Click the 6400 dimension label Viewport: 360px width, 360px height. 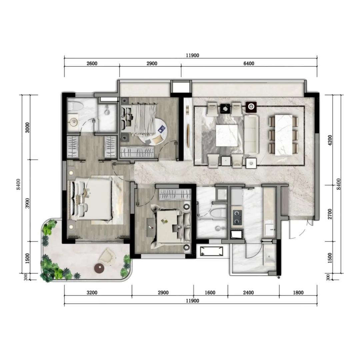click(249, 63)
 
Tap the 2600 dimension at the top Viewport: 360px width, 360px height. click(92, 63)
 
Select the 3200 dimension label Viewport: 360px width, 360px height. click(92, 293)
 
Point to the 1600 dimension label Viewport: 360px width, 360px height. click(210, 293)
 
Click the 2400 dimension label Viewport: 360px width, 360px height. click(248, 293)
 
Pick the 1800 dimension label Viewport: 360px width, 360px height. click(298, 293)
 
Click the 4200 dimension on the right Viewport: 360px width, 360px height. click(330, 140)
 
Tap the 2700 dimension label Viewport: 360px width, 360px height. click(330, 214)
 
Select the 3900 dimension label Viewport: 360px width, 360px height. click(27, 203)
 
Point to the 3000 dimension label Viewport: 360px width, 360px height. click(27, 128)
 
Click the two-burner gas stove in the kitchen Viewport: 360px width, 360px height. click(237, 218)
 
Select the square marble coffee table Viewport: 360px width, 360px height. click(227, 135)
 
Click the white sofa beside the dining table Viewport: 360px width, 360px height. click(251, 135)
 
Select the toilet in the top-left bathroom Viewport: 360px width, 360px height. click(76, 106)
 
